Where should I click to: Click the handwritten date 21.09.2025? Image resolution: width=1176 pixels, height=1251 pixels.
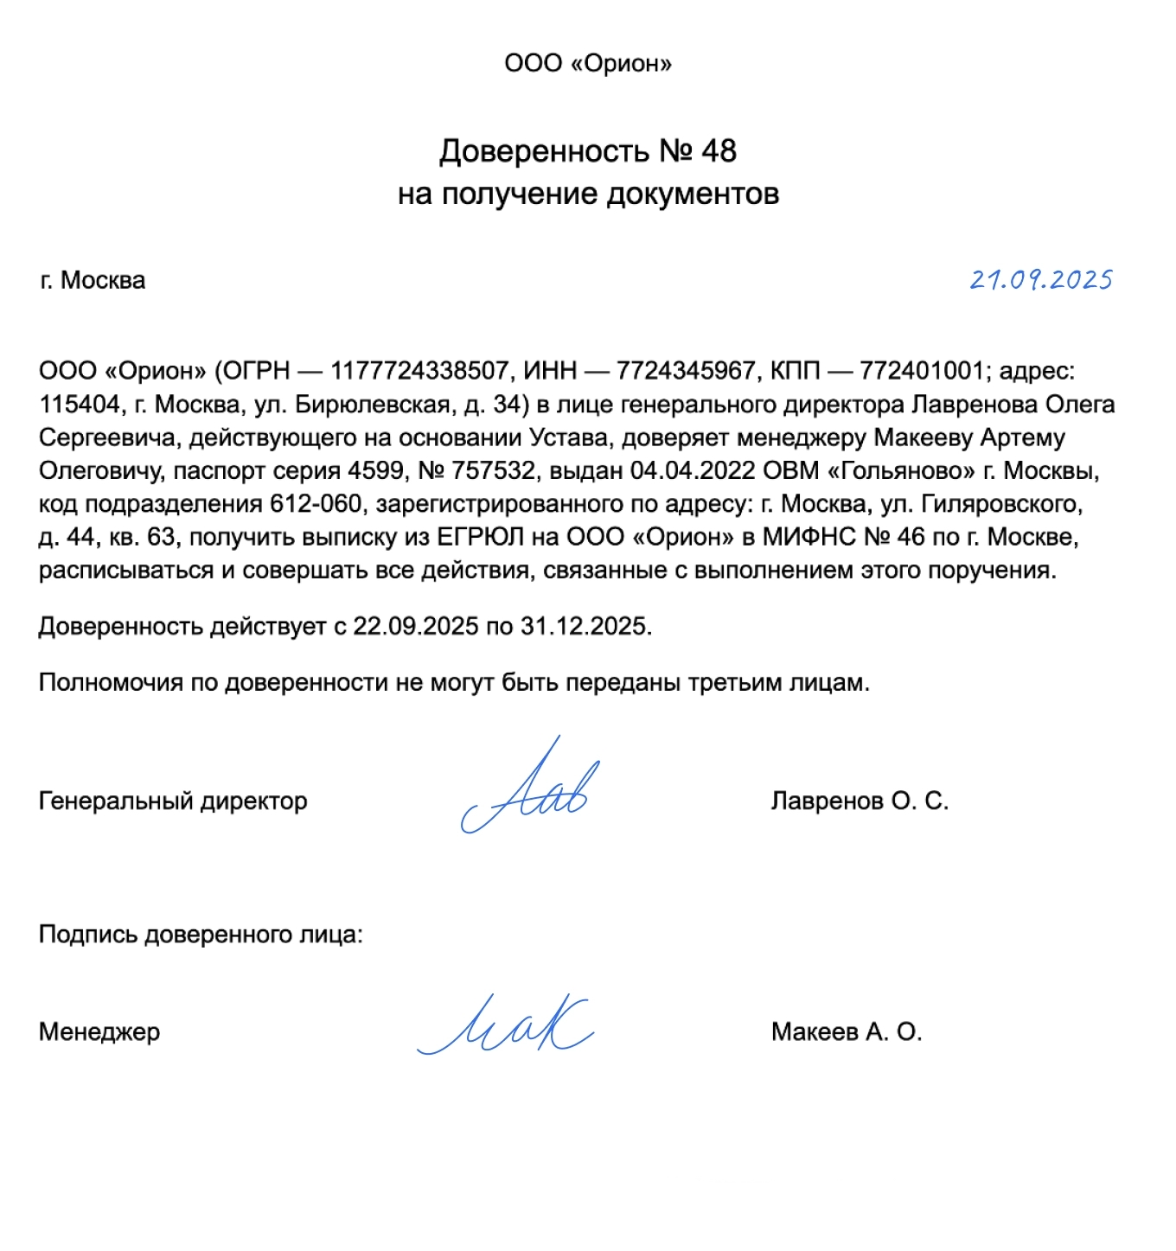click(1040, 280)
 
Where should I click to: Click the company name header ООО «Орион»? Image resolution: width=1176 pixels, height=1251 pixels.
click(588, 63)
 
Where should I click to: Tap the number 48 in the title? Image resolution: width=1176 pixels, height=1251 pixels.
click(719, 151)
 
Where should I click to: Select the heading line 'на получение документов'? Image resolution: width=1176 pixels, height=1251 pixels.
click(588, 194)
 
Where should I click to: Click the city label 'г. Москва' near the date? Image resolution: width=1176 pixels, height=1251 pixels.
click(93, 280)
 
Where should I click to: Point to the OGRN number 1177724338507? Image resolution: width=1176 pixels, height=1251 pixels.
click(419, 371)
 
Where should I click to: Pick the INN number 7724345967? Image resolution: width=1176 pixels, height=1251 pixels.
click(686, 371)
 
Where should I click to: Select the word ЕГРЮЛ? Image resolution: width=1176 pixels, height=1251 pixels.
click(480, 538)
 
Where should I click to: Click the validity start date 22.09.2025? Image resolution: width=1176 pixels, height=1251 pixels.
click(415, 626)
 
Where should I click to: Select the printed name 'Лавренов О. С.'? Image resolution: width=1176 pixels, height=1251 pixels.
click(860, 801)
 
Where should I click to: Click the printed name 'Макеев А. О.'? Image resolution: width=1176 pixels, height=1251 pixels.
click(847, 1032)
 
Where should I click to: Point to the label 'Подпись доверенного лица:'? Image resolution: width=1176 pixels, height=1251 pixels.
click(201, 935)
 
